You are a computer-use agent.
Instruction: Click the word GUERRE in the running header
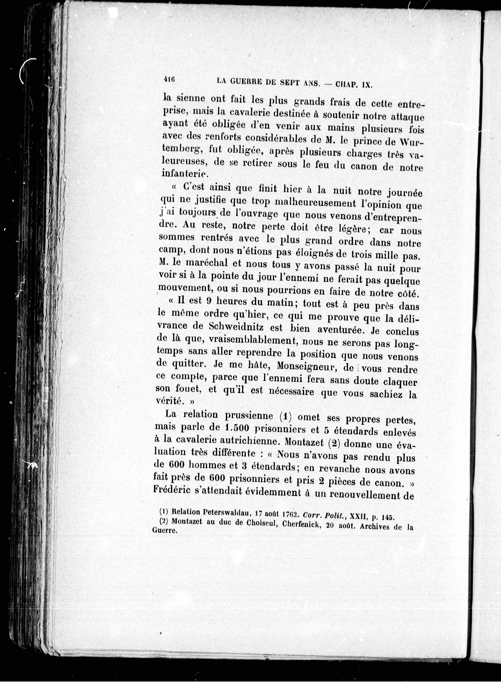[x=243, y=81]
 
